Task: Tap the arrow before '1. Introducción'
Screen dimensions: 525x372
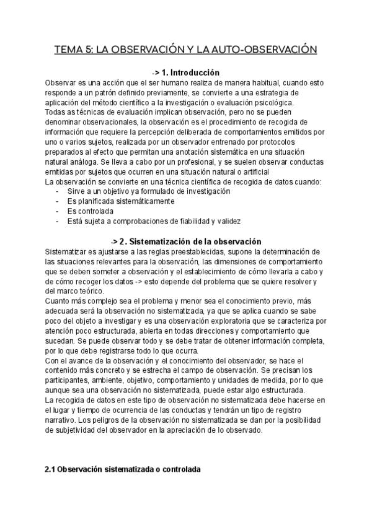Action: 157,72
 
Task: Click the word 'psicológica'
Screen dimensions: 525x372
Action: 278,102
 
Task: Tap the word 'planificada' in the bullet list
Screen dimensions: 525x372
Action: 97,201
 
